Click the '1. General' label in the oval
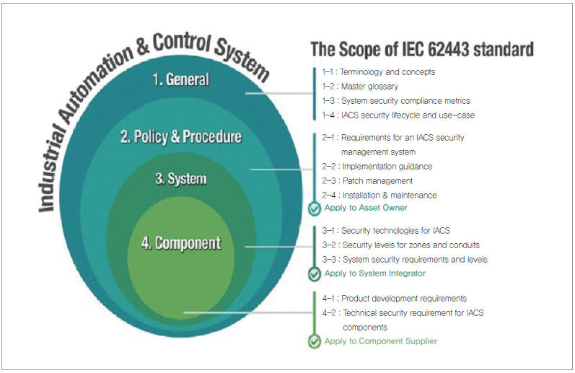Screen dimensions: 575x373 coord(181,79)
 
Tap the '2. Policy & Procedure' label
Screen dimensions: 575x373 coord(181,136)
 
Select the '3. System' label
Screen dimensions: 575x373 coord(181,179)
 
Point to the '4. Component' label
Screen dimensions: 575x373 coord(181,243)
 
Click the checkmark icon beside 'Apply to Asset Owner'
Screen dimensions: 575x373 coord(315,209)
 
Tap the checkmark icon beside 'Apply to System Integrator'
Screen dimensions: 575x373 coord(315,274)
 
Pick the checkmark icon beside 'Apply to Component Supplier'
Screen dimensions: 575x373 coord(315,341)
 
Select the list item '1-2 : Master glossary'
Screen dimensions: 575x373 coord(360,86)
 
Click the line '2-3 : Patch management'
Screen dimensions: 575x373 coord(367,181)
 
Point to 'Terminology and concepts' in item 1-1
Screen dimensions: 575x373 coord(387,72)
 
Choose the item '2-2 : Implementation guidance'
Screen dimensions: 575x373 coord(377,167)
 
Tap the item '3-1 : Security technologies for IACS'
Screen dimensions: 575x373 coord(386,231)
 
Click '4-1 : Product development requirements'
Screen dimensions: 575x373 coord(395,299)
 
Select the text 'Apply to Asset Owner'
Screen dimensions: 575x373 coord(366,208)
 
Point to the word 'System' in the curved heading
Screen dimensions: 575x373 coord(241,58)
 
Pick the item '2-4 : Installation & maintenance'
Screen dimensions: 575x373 coord(379,195)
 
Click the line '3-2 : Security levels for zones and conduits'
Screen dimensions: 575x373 coord(401,245)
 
